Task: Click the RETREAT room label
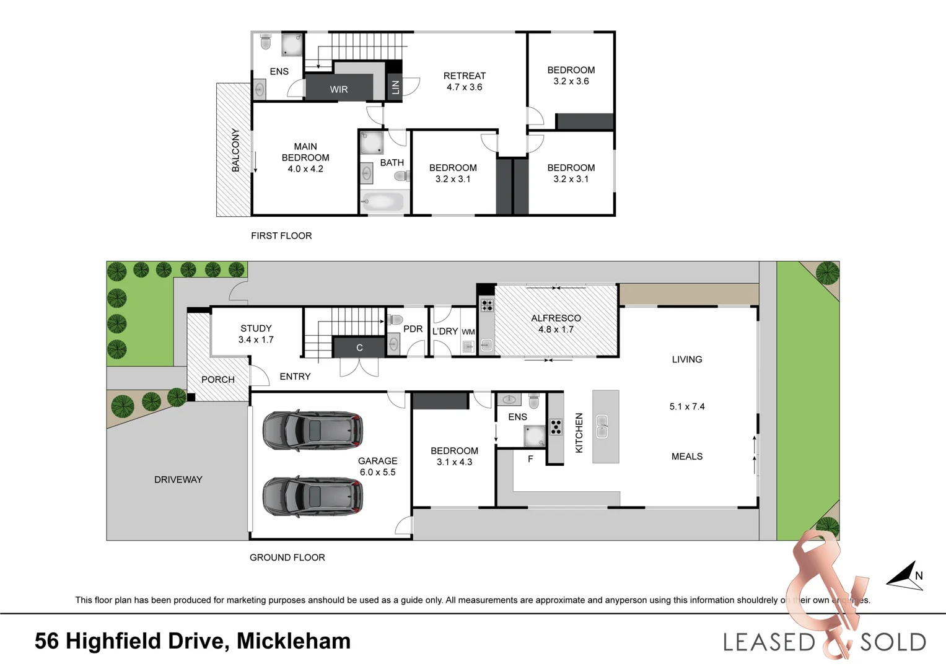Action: [x=464, y=76]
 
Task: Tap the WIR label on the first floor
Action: [x=338, y=89]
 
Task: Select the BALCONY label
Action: [x=235, y=150]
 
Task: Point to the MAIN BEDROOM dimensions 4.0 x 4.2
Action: [x=305, y=169]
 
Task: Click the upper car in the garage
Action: [x=313, y=430]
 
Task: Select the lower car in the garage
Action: [x=313, y=496]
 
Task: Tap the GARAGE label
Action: [x=377, y=461]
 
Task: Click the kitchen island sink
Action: [x=602, y=427]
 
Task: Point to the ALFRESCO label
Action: [x=556, y=318]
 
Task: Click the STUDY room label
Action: [x=256, y=328]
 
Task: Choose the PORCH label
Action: [x=218, y=380]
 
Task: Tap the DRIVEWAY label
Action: [x=178, y=479]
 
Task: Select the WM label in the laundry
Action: [x=468, y=332]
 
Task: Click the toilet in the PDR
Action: [x=395, y=320]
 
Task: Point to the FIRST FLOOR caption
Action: [x=281, y=236]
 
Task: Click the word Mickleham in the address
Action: [x=294, y=641]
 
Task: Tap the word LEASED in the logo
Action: [x=769, y=642]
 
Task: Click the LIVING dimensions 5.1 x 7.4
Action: [x=687, y=407]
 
